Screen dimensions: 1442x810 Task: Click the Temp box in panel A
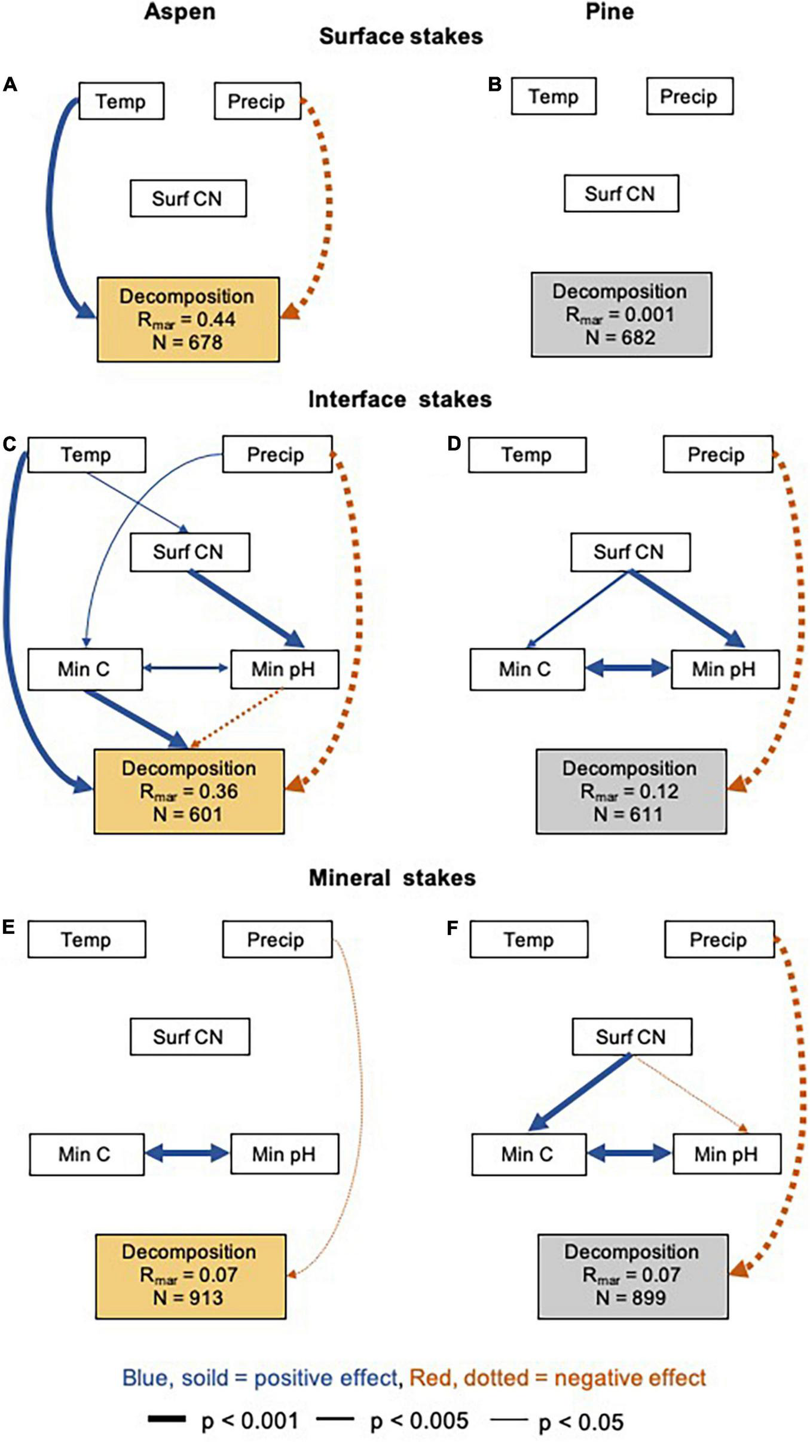pos(121,101)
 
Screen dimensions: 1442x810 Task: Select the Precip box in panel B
pos(689,96)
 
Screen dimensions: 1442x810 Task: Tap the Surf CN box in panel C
pos(189,552)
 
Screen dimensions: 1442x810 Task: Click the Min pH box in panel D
pos(725,669)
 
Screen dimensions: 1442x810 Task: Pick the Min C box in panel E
pos(86,1154)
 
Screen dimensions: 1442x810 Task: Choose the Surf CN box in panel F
pos(632,1037)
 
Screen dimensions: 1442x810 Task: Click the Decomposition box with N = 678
pos(188,319)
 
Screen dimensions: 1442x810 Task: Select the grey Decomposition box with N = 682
pos(621,314)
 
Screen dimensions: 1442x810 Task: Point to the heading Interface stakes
pos(399,399)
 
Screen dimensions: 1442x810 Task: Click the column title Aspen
pos(179,12)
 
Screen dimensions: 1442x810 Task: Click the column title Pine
pos(609,12)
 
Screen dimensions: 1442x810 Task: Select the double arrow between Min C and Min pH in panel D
pos(628,668)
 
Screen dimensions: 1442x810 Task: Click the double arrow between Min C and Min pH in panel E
pos(187,1154)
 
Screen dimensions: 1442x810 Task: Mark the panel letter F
pos(453,928)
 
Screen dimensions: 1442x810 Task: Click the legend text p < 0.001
pos(250,1420)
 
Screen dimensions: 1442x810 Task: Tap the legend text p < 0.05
pos(580,1422)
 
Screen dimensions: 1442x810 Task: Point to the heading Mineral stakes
pos(392,878)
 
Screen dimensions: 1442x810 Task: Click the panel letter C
pos(10,444)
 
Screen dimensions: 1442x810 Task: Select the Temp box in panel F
pos(528,940)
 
